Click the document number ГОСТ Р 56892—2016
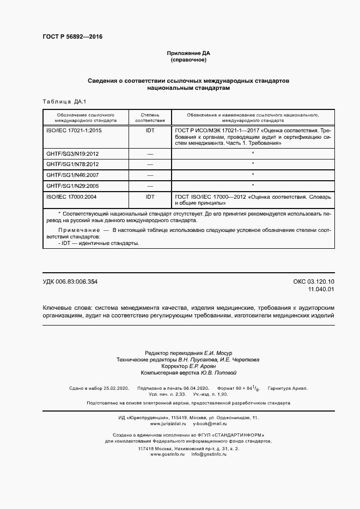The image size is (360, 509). (x=72, y=37)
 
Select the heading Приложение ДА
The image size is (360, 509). (x=188, y=53)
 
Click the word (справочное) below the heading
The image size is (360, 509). (x=188, y=59)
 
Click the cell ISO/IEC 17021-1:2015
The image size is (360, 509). (x=74, y=131)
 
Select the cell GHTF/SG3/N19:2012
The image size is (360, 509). (x=72, y=154)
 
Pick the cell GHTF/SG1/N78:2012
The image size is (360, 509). (x=72, y=164)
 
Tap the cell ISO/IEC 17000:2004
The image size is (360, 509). (x=71, y=197)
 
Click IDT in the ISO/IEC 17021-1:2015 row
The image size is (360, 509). (x=150, y=131)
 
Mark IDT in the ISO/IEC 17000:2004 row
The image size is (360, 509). (x=150, y=197)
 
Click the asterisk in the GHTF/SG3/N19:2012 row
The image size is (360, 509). (x=253, y=154)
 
